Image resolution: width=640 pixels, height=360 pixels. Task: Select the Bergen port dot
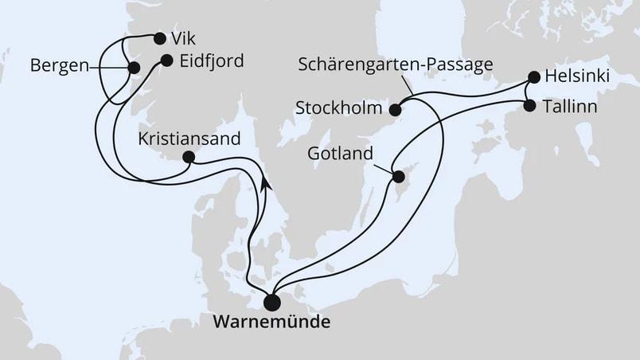[134, 68]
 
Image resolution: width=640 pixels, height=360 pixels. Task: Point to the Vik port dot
[160, 37]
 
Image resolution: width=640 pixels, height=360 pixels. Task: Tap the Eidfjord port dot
[166, 60]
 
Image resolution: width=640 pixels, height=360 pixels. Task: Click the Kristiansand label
[189, 137]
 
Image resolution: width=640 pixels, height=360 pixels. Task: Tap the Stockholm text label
[338, 107]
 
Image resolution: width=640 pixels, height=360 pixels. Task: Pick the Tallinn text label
[575, 104]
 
